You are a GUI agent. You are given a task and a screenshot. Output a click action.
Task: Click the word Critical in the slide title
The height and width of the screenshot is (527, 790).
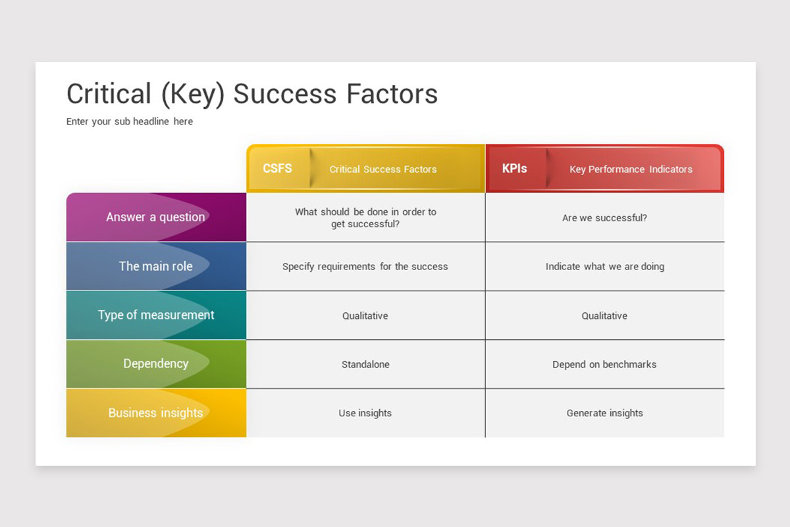[109, 94]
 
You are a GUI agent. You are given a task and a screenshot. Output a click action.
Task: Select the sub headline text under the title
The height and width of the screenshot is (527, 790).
[130, 121]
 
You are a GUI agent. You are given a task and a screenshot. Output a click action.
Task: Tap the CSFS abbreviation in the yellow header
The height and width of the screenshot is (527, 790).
[277, 169]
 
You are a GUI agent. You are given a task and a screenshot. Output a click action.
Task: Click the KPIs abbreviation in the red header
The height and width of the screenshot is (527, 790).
[514, 169]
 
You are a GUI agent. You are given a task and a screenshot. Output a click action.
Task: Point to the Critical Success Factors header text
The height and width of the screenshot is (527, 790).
[383, 169]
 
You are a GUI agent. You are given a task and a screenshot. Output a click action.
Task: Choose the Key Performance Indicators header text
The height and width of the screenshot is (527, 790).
[631, 169]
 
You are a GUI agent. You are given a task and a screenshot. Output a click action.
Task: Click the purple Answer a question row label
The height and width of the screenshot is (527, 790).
[155, 217]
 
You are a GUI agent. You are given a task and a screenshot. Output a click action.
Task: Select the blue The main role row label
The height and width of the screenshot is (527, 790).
[155, 266]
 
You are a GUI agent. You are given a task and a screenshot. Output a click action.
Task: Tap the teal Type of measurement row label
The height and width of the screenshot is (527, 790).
[156, 315]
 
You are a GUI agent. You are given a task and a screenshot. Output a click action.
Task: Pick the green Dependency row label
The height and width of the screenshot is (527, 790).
[156, 364]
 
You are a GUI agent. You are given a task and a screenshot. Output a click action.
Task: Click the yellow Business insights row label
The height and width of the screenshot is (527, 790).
[155, 412]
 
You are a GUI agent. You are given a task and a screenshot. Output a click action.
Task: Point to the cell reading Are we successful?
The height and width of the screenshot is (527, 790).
[604, 218]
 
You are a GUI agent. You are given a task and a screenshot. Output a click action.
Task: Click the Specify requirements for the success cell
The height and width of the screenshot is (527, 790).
[365, 267]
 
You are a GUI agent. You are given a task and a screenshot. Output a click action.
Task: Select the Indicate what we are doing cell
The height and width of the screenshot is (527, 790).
[605, 267]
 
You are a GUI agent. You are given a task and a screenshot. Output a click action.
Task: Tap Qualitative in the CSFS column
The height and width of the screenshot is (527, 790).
[365, 316]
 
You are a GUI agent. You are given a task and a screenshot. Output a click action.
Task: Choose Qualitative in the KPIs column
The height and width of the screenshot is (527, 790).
[604, 316]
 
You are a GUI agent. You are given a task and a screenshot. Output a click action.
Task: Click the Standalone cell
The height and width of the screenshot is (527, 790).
[365, 364]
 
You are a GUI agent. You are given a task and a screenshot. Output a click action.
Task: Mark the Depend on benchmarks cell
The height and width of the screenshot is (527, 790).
[604, 364]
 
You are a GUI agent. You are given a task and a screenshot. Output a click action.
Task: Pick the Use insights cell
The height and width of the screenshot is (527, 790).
[365, 413]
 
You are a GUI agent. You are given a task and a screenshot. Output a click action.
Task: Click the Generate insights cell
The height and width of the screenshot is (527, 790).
[605, 413]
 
